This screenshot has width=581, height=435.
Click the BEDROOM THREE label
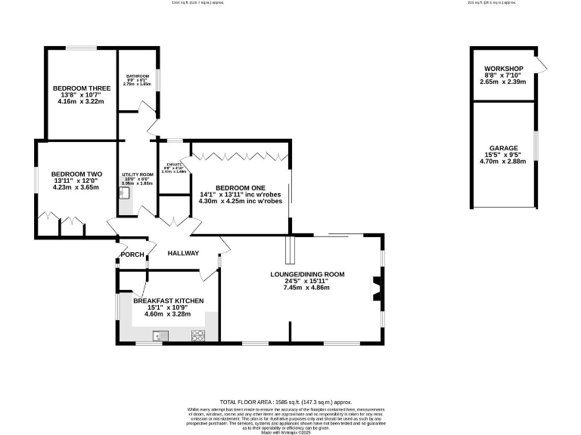[x=82, y=88]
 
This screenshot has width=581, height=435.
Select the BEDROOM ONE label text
[x=240, y=187]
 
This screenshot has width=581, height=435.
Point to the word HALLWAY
[x=183, y=253]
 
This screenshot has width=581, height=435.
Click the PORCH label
[x=133, y=254]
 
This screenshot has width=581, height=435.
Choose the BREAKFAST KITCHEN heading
[x=169, y=301]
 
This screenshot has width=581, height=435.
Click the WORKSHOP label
[x=502, y=68]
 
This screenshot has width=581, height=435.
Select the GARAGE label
[x=503, y=148]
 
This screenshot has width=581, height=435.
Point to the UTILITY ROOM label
[x=138, y=174]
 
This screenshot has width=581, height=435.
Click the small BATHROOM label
[x=137, y=76]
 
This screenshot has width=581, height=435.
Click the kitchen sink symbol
[x=160, y=335]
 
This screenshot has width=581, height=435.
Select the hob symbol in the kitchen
[x=200, y=335]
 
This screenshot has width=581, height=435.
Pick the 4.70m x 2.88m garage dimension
[x=503, y=161]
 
